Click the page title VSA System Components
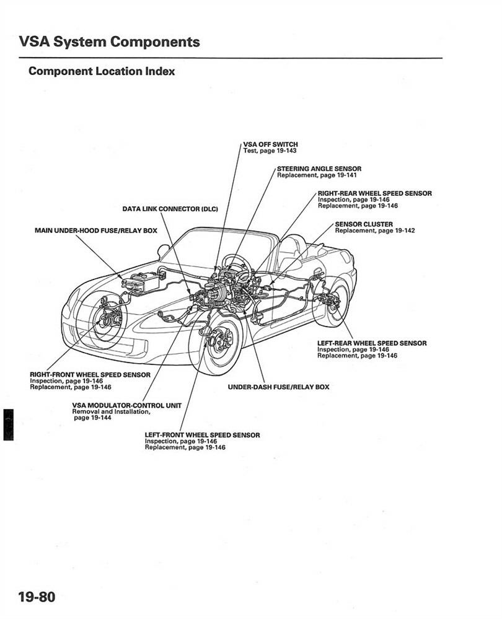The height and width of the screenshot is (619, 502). click(109, 42)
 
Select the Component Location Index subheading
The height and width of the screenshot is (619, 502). click(102, 71)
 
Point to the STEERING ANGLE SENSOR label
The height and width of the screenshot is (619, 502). click(319, 169)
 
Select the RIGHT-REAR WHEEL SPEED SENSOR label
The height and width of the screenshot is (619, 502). click(374, 193)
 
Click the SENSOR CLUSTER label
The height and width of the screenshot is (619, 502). click(363, 224)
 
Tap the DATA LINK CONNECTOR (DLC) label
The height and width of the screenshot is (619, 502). click(170, 209)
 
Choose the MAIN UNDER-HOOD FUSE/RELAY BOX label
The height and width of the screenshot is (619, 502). click(96, 230)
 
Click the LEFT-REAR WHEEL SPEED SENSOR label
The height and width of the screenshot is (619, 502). click(371, 343)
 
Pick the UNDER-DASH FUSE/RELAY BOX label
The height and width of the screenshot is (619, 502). click(278, 387)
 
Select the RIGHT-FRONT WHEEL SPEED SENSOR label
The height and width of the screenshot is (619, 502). click(90, 375)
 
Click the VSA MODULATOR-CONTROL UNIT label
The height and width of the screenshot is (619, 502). click(126, 405)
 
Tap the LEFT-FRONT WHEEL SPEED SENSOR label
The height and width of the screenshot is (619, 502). click(202, 435)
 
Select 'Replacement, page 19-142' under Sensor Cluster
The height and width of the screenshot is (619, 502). click(375, 231)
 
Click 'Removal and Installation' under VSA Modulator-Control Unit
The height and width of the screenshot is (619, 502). click(111, 411)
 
